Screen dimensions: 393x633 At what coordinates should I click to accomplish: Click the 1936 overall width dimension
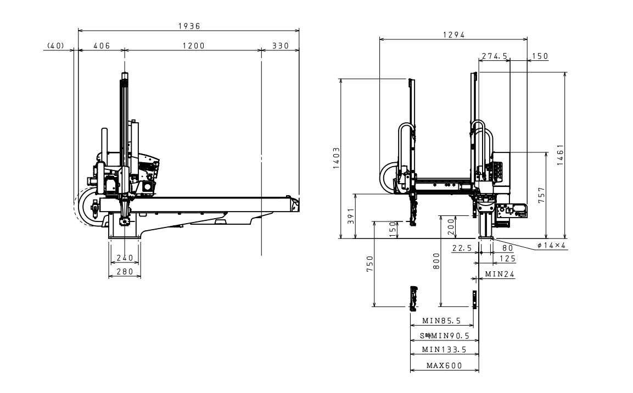[x=188, y=26]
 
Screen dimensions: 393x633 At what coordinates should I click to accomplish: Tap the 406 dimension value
[x=100, y=46]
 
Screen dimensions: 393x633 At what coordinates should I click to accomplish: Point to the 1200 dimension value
[x=193, y=46]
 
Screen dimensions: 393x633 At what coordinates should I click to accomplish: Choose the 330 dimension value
[x=280, y=46]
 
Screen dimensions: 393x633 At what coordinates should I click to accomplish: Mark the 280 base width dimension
[x=124, y=271]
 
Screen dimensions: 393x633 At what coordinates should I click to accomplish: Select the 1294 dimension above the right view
[x=454, y=35]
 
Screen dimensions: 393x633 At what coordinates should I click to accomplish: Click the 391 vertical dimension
[x=350, y=217]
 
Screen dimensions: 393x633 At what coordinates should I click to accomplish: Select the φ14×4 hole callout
[x=552, y=245]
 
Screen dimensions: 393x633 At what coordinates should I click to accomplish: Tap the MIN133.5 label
[x=444, y=349]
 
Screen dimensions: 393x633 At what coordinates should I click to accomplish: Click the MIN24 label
[x=500, y=274]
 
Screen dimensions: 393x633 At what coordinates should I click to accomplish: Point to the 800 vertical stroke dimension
[x=435, y=261]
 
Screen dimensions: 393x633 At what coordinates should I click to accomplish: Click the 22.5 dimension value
[x=462, y=248]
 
